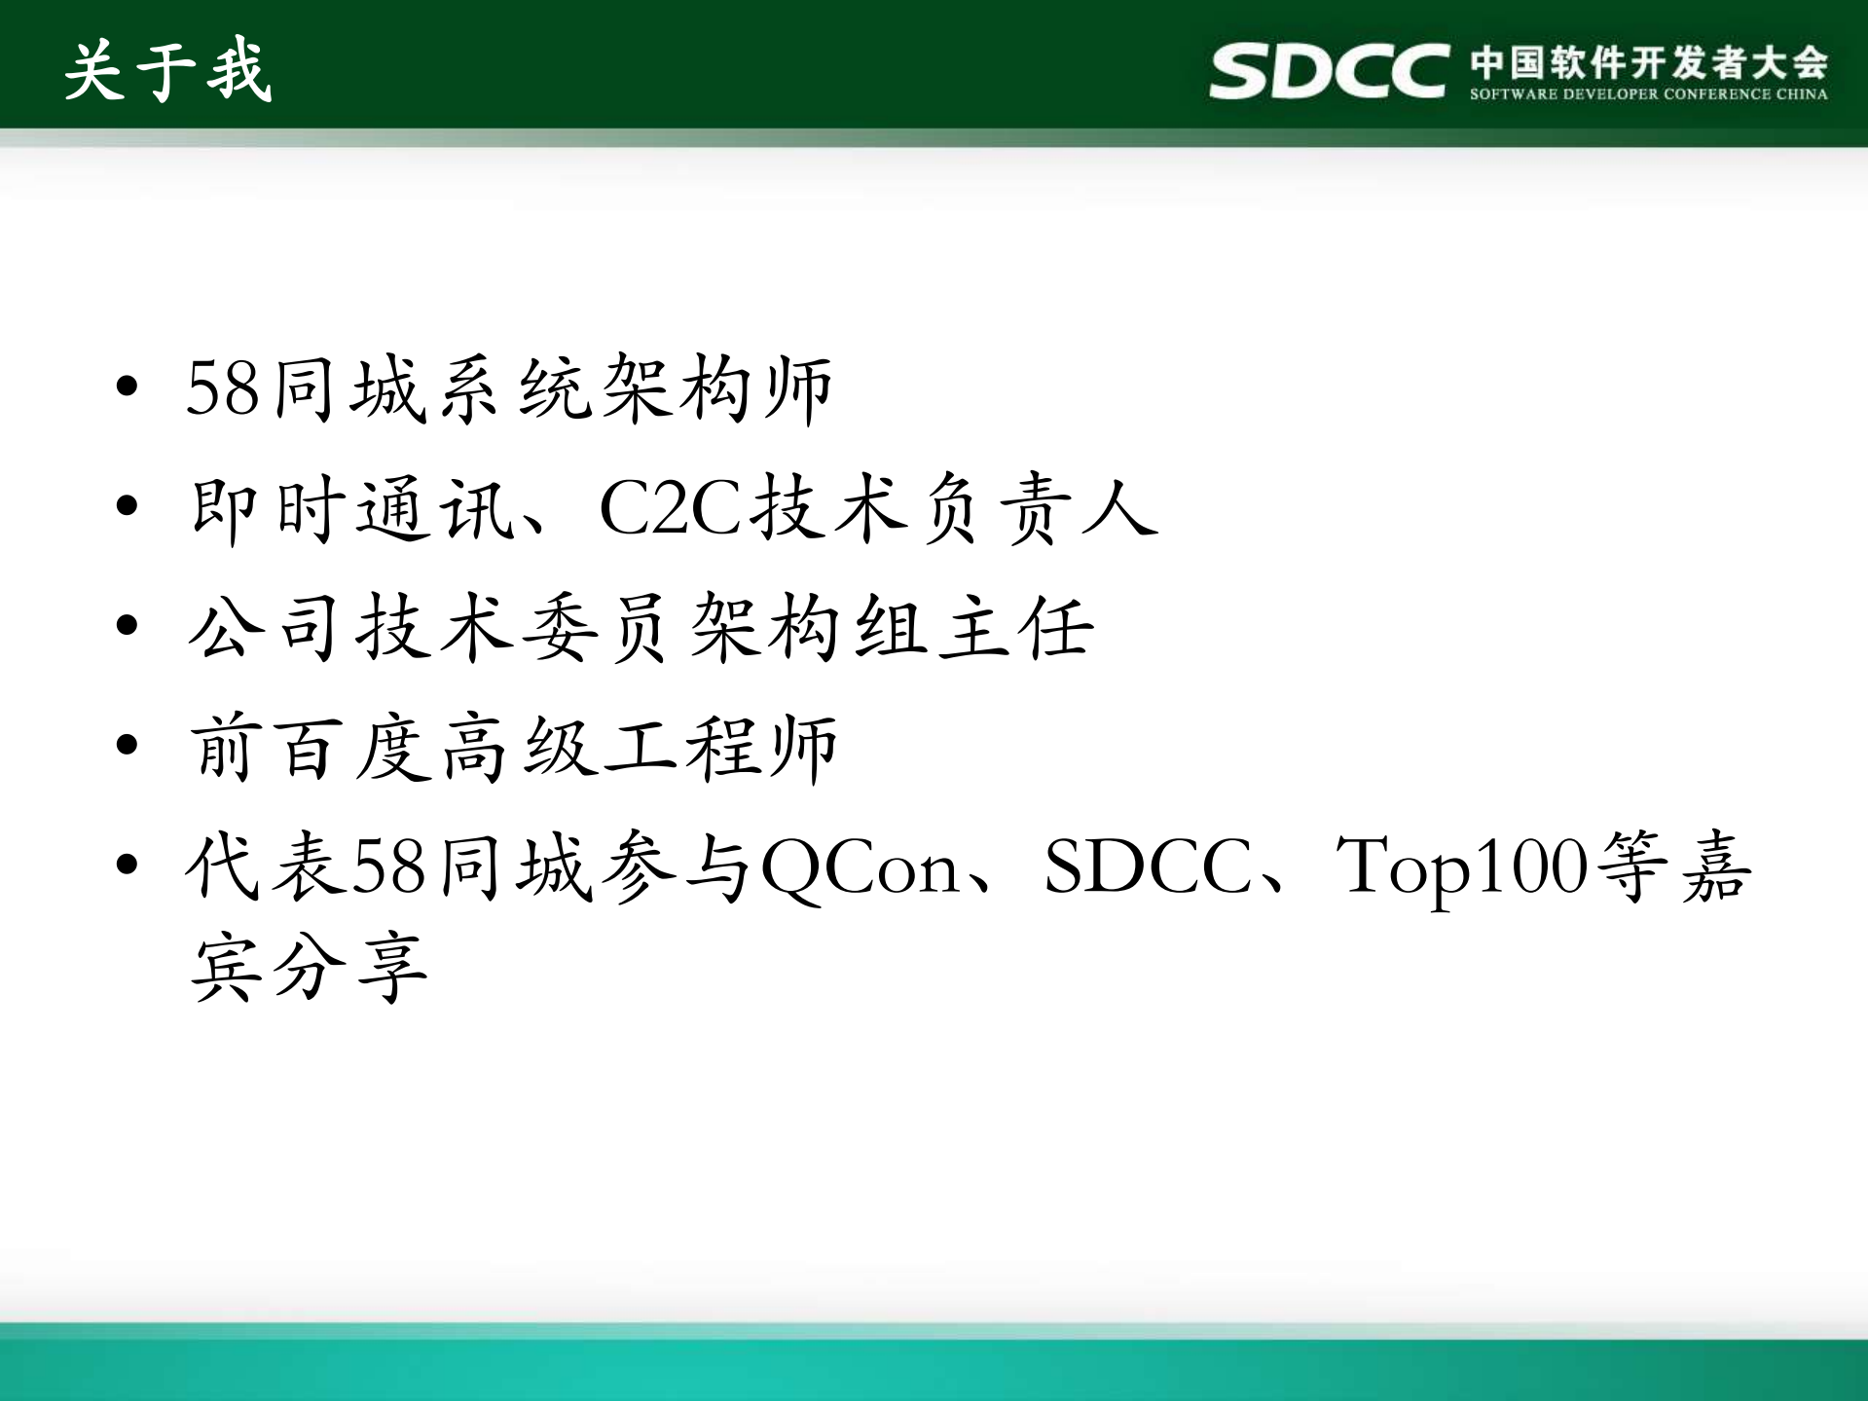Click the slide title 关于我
tap(167, 71)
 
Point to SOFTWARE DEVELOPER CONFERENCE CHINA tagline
tap(1648, 94)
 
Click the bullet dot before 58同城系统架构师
tap(127, 387)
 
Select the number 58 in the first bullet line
tap(223, 388)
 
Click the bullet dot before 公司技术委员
tap(127, 625)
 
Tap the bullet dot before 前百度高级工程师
tap(127, 746)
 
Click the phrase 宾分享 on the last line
tap(310, 967)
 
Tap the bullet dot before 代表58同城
tap(127, 865)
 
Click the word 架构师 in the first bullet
tap(716, 388)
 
